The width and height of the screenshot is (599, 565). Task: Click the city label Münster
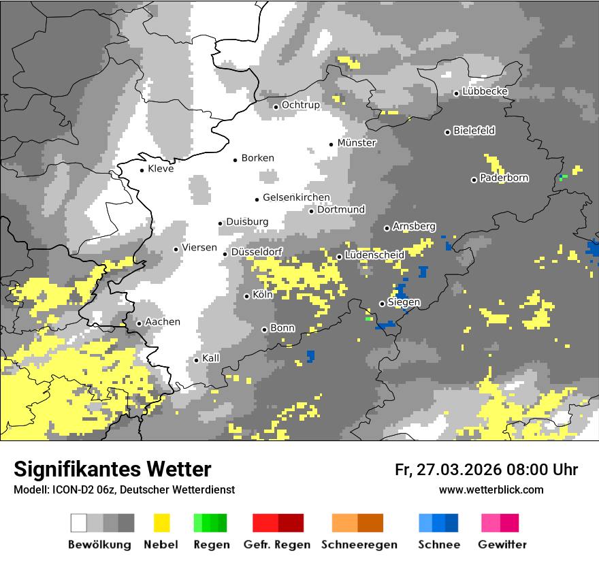[357, 143]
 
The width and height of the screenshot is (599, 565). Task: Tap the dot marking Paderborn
[474, 180]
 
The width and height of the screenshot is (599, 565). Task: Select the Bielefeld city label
[474, 131]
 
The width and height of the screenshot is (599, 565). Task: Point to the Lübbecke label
[485, 91]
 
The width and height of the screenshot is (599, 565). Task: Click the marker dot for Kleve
[142, 170]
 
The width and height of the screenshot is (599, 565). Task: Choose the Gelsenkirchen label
[296, 198]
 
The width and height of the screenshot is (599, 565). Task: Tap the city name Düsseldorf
[257, 253]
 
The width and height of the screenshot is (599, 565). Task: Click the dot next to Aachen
[139, 323]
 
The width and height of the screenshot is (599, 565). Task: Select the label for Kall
[211, 358]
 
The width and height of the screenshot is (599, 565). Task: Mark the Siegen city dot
[382, 304]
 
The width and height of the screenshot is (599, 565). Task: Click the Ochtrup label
[300, 105]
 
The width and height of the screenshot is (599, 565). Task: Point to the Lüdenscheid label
[374, 255]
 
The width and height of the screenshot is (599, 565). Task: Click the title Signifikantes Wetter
[112, 469]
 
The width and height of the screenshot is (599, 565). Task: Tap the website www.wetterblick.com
[491, 489]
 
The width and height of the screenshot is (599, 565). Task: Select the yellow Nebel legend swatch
[162, 523]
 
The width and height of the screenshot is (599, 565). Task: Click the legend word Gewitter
[502, 545]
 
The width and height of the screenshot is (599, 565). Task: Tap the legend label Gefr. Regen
[277, 545]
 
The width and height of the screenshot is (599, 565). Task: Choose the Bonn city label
[282, 328]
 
